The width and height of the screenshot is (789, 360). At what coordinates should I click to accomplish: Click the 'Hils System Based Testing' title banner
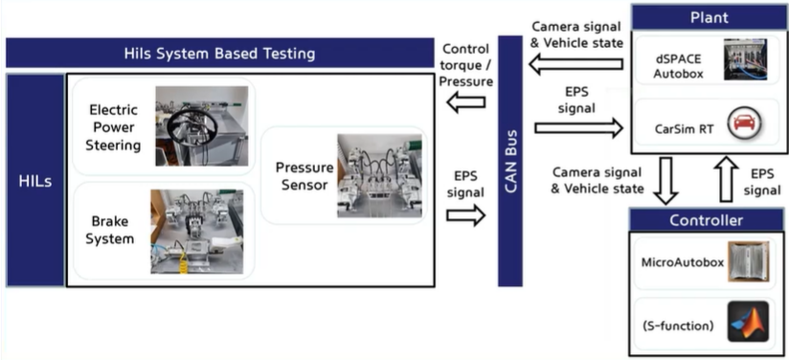(x=220, y=53)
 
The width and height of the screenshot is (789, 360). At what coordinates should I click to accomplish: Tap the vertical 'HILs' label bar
(x=35, y=180)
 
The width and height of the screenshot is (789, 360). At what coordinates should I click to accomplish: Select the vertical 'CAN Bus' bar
(x=510, y=161)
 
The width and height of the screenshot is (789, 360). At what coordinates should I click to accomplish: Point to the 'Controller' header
(x=706, y=220)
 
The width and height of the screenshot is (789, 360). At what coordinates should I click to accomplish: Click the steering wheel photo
(x=201, y=125)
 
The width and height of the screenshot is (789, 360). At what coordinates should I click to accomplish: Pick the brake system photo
(x=196, y=232)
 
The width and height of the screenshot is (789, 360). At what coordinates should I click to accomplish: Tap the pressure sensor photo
(x=379, y=175)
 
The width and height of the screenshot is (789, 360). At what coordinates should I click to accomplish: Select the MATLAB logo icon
(x=748, y=322)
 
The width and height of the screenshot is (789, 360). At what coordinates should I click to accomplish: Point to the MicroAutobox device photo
(x=748, y=262)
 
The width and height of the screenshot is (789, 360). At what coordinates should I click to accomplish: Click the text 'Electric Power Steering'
(x=113, y=127)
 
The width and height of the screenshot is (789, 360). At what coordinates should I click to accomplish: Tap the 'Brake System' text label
(x=110, y=230)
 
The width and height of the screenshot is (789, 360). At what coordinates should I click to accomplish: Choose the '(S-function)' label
(x=678, y=326)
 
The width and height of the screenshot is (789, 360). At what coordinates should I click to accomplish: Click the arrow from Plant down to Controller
(x=665, y=180)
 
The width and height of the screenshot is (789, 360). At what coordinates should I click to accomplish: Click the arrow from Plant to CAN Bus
(x=575, y=64)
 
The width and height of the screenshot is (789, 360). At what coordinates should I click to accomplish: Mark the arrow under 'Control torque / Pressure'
(x=466, y=102)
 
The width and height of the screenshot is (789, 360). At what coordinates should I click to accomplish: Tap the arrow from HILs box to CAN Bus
(x=466, y=215)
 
